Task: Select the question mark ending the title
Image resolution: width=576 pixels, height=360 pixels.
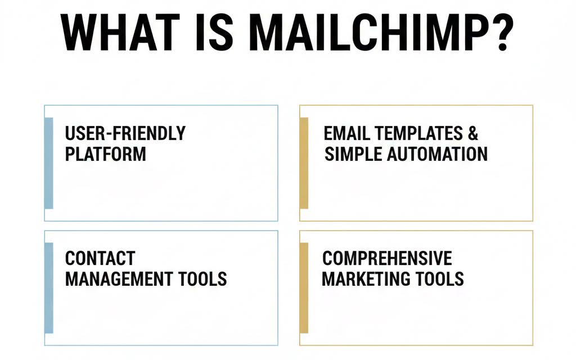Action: (498, 34)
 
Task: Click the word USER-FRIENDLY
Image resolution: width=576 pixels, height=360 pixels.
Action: (125, 133)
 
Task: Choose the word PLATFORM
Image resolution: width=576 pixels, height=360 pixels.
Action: (105, 154)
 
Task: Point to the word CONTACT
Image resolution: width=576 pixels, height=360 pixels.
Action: (100, 258)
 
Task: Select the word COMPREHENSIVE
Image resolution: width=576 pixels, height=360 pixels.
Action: (387, 258)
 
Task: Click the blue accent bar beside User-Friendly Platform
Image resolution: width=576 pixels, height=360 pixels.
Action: (49, 163)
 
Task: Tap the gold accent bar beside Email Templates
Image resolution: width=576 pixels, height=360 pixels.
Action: (304, 163)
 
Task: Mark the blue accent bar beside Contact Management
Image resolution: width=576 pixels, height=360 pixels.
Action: (49, 288)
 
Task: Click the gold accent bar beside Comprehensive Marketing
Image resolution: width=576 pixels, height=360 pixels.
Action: (304, 288)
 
